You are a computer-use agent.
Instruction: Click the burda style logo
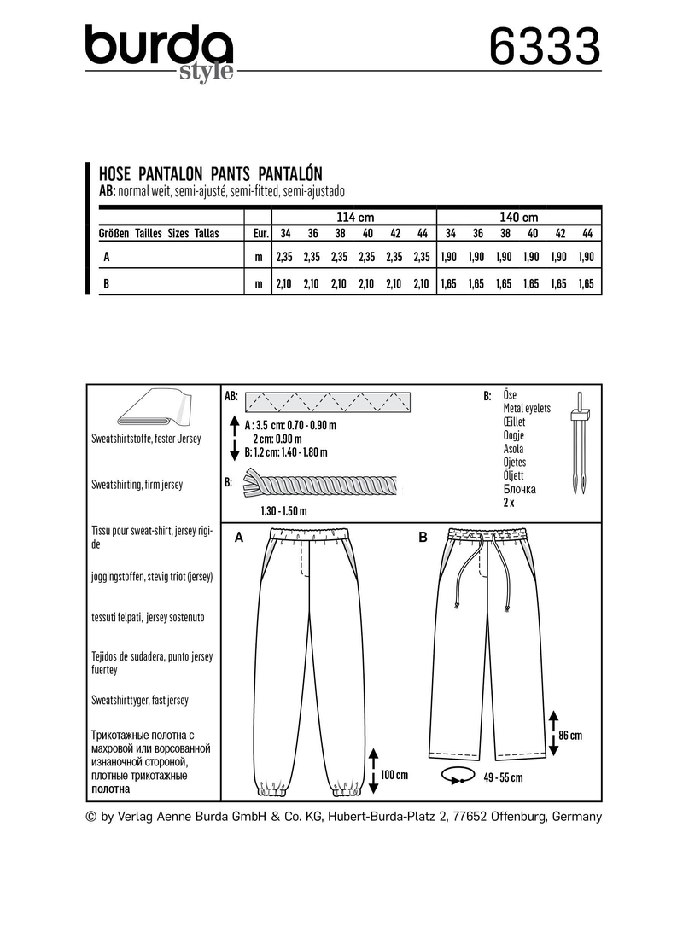click(160, 51)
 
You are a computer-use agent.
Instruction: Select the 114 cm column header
click(350, 217)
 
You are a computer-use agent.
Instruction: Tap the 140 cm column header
click(519, 217)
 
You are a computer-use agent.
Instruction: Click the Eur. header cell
click(257, 233)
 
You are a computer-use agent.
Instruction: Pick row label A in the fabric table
click(103, 256)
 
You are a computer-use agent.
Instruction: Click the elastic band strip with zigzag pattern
click(328, 399)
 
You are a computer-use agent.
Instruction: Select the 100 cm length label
click(394, 775)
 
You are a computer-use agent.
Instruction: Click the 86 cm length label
click(569, 735)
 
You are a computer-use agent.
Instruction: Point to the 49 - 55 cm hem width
click(502, 777)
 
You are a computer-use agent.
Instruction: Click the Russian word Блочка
click(520, 489)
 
